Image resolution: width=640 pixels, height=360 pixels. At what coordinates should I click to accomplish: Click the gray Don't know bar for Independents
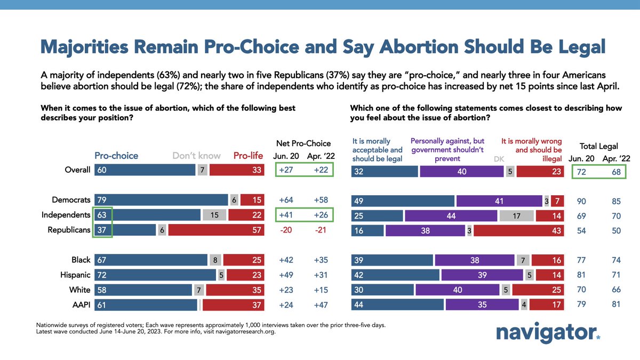214,214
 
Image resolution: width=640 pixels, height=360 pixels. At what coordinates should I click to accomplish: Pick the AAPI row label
80,305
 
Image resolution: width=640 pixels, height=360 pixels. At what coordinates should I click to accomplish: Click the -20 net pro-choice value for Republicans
286,229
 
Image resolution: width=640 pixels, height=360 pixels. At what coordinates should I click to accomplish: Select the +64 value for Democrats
286,199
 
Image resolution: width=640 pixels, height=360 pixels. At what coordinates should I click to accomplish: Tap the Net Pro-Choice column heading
303,143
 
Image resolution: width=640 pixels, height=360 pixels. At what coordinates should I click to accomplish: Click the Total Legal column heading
598,146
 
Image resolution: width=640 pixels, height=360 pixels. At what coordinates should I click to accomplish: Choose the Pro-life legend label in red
248,156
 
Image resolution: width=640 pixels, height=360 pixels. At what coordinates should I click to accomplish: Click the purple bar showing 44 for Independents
451,215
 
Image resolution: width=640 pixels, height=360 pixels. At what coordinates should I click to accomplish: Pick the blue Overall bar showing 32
384,171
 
